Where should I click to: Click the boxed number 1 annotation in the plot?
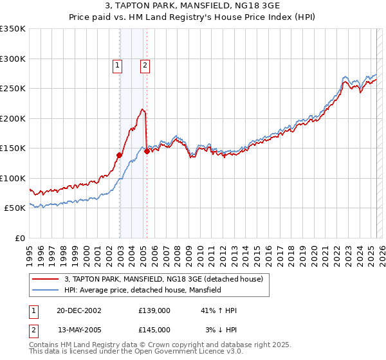(x=118, y=64)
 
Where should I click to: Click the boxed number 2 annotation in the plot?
(x=145, y=64)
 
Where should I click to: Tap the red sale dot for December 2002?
(x=120, y=154)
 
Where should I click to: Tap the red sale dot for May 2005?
(x=147, y=151)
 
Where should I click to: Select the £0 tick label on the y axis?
(x=19, y=238)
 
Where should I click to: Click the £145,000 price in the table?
(x=154, y=330)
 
